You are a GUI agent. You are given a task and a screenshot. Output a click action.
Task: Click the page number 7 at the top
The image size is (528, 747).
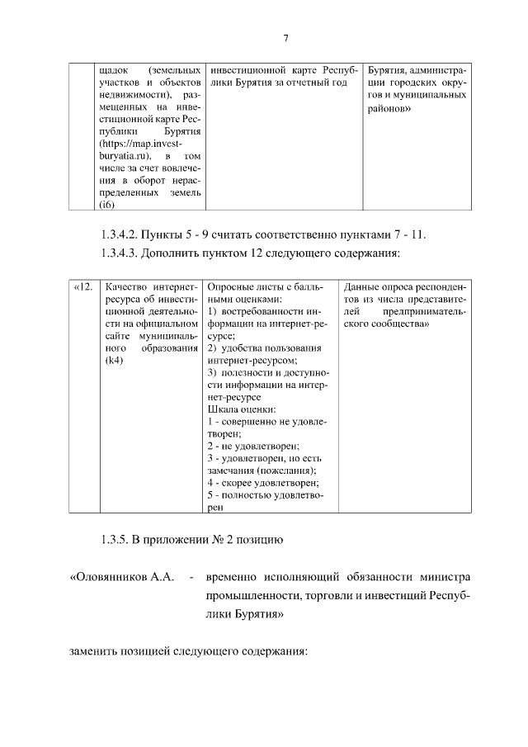285,38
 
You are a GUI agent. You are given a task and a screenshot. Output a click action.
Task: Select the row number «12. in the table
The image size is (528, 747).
83,287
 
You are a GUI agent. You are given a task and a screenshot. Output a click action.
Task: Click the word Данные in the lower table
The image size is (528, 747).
363,287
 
